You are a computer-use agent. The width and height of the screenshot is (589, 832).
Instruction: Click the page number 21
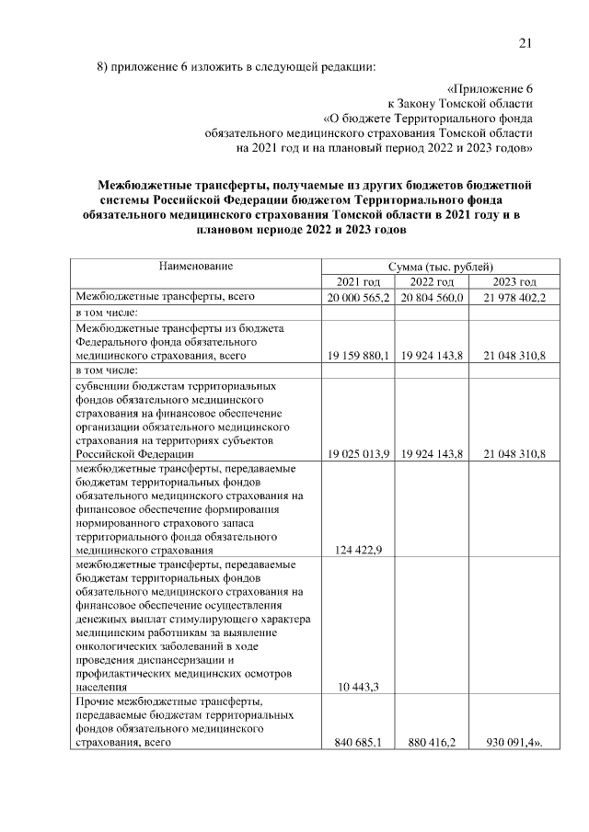point(525,41)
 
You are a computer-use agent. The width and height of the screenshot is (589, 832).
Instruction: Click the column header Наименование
point(195,266)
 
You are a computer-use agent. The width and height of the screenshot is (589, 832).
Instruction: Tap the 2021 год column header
point(358,281)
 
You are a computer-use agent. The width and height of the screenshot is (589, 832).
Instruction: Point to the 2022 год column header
point(432,281)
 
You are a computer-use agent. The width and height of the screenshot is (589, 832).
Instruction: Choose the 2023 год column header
point(514,281)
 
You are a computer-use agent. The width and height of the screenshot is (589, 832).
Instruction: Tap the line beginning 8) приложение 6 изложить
point(237,67)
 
